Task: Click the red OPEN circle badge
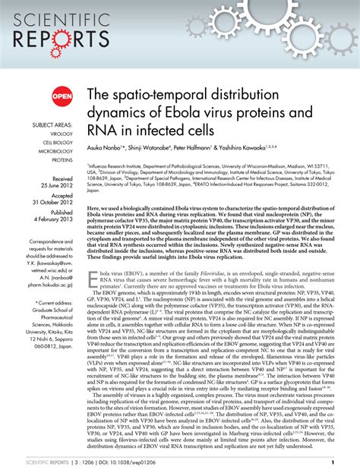(62, 96)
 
